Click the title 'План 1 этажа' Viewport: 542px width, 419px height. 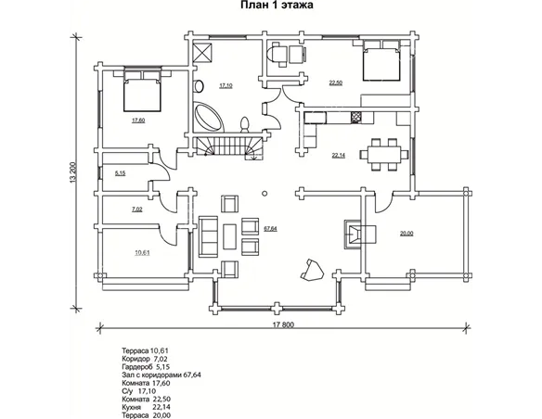[277, 6]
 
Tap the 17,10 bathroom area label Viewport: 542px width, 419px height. [226, 85]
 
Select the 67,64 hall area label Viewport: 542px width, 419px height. [270, 228]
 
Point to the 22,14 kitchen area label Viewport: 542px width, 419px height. [339, 156]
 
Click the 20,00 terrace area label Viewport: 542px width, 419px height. [406, 234]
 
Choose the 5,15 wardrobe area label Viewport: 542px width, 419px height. [120, 173]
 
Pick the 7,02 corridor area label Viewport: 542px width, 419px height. [136, 209]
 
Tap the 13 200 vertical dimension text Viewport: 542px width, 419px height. [72, 172]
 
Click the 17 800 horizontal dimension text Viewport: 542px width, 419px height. [283, 324]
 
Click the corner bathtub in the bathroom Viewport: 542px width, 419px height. [208, 117]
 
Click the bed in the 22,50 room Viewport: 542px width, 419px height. [381, 61]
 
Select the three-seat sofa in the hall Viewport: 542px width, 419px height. [208, 236]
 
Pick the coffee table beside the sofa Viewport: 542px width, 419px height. [230, 236]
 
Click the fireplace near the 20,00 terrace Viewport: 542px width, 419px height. [359, 234]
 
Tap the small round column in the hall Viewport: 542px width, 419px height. [265, 194]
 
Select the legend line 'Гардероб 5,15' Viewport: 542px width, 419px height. [146, 366]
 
